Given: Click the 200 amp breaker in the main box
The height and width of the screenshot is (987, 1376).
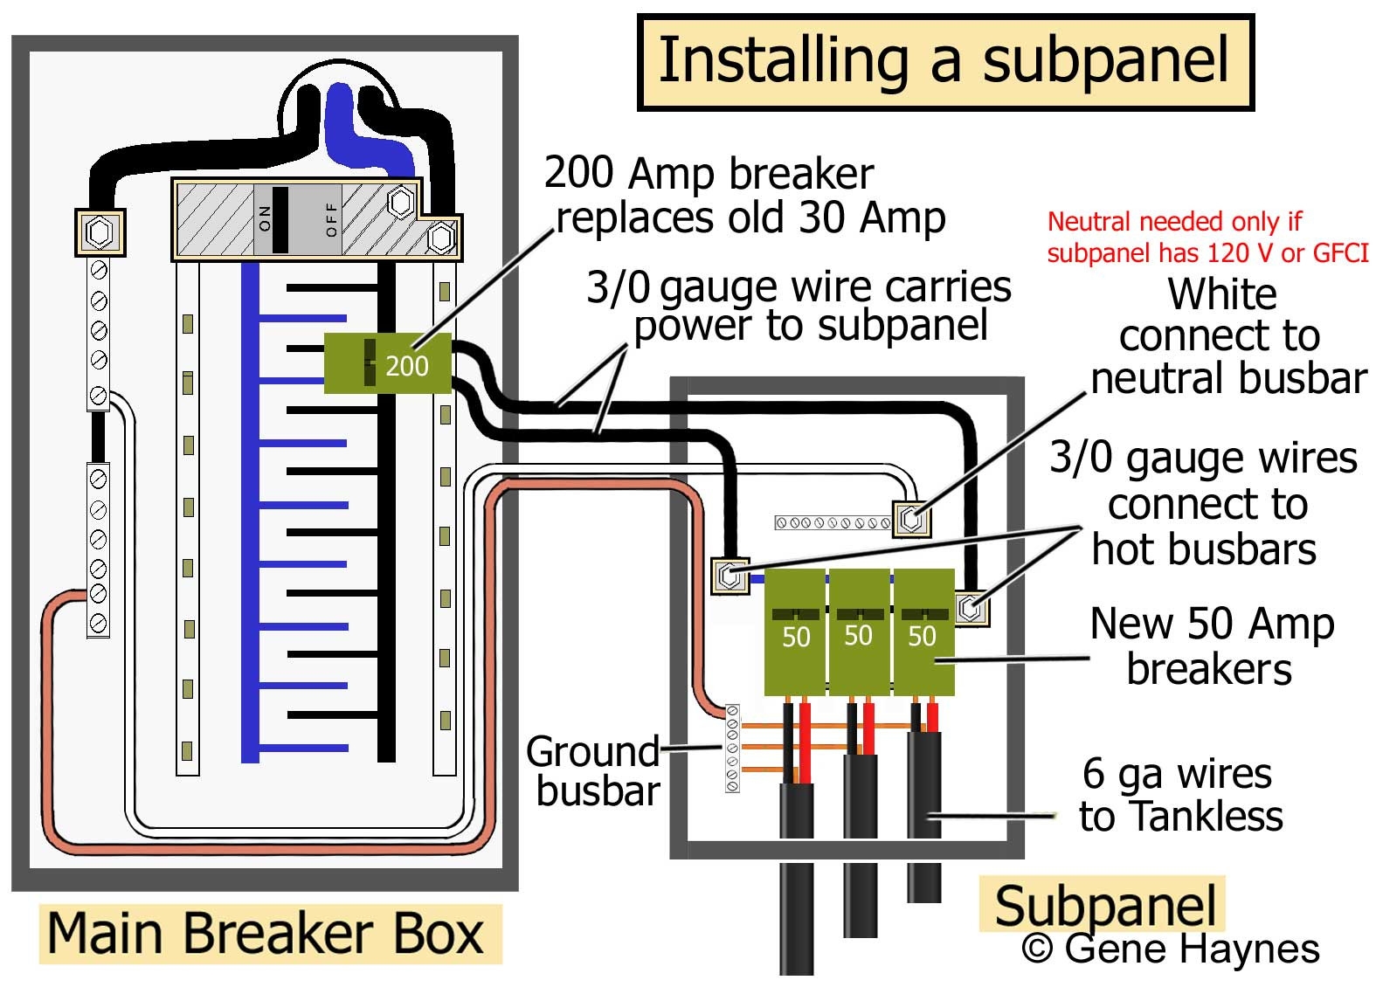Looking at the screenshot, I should pos(387,363).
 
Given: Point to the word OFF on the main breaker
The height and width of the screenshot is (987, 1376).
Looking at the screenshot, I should pos(331,218).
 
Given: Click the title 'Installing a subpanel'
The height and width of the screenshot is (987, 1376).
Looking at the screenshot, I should pos(944,61).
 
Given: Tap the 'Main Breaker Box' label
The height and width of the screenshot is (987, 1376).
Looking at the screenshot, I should pos(266,934).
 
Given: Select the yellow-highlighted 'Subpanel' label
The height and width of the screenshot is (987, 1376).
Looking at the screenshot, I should pos(1105,905).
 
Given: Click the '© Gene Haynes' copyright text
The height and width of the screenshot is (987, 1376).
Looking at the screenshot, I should pos(1171,949).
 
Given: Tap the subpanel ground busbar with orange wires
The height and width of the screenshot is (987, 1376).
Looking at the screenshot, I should pos(732,748).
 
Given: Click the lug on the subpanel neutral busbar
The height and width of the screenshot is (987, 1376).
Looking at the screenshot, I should pos(911,519).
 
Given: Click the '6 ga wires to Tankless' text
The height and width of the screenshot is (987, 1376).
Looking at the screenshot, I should pos(1180,795).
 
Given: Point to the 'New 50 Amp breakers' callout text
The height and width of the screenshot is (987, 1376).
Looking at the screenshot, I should pos(1211,646).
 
